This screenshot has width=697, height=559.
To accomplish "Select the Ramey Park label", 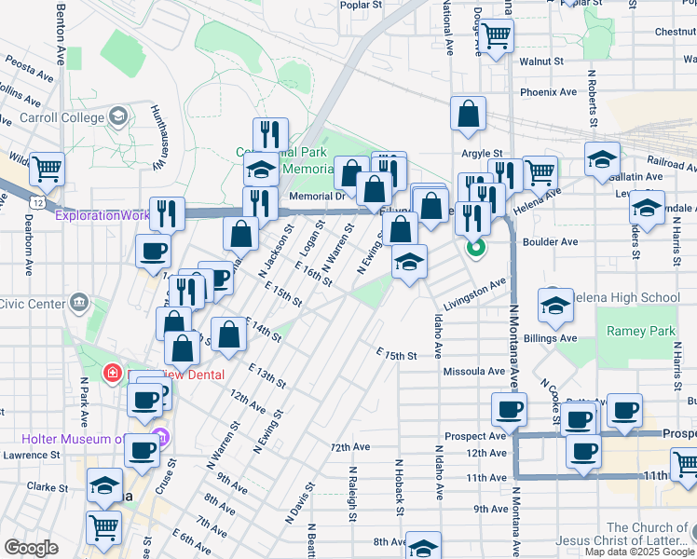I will [640, 331].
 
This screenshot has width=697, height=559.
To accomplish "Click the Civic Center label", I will [32, 303].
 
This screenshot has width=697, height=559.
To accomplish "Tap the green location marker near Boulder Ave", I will [476, 248].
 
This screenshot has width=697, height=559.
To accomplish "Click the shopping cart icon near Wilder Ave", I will [47, 170].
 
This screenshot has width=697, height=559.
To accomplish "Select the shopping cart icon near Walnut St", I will [497, 36].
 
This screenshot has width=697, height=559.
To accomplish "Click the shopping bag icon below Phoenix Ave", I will [468, 115].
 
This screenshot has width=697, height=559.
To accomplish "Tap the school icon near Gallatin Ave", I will [603, 158].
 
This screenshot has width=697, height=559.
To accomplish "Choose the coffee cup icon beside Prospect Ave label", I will [509, 409].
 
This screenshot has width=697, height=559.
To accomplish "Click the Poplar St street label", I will [362, 5].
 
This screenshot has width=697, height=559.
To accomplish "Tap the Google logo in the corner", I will [31, 548].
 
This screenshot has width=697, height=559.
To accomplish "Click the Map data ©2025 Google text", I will [639, 552].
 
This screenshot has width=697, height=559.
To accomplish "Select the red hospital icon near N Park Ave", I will [113, 374].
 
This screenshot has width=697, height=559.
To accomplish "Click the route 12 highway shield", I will [36, 201].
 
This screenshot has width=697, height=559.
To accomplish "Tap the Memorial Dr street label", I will [317, 196].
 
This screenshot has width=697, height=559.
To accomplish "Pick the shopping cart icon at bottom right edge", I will [685, 464].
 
